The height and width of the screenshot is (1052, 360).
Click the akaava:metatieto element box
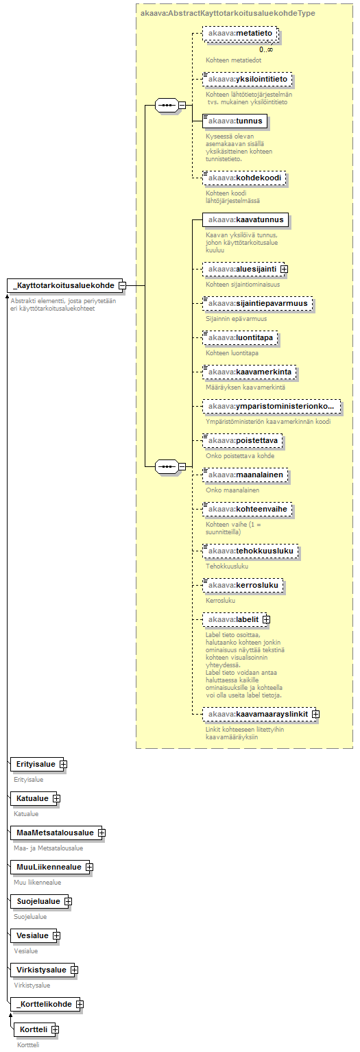(240, 34)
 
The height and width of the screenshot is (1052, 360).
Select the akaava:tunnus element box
(235, 121)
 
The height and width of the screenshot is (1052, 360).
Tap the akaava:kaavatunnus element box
(246, 219)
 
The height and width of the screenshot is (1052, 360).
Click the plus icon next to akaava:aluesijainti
(284, 269)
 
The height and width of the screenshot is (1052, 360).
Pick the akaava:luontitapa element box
(240, 337)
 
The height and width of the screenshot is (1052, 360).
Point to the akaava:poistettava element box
(243, 440)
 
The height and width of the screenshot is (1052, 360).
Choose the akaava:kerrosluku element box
(243, 585)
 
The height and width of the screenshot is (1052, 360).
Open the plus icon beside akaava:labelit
(266, 619)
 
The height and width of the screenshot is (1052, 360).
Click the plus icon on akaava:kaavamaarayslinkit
(315, 714)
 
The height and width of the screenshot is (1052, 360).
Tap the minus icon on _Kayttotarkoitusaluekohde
(122, 285)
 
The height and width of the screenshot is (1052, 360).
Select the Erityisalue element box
(36, 764)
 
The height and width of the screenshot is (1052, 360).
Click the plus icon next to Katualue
(56, 798)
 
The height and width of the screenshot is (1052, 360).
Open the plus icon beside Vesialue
(56, 935)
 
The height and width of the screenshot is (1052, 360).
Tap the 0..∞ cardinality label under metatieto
(265, 49)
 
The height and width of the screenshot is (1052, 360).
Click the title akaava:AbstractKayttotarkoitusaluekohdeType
(228, 13)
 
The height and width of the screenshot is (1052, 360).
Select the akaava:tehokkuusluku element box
(251, 551)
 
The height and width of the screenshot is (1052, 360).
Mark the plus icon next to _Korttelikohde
(80, 1004)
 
